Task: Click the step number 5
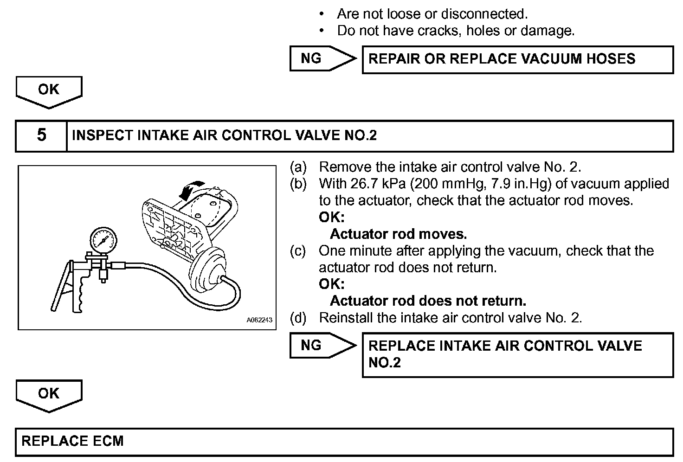[x=41, y=135]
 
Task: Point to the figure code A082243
[x=259, y=320]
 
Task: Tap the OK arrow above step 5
[x=49, y=91]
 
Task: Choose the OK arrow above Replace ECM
[x=49, y=395]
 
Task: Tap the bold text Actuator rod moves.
[x=398, y=234]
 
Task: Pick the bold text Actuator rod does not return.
[x=428, y=301]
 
